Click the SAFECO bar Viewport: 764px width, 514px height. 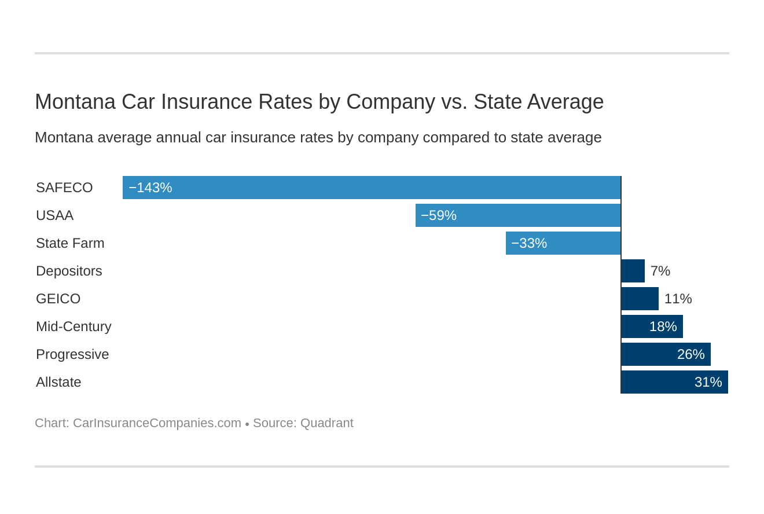(372, 188)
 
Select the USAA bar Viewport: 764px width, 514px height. (518, 215)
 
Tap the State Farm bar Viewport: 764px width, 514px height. (563, 243)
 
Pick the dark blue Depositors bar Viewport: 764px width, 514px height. (633, 271)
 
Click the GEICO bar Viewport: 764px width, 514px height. (640, 299)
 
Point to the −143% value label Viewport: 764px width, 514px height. (150, 188)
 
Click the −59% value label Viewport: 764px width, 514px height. (439, 215)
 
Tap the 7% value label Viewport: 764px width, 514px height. (660, 271)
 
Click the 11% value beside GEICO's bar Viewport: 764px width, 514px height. (678, 299)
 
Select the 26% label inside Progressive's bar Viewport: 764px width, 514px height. (690, 354)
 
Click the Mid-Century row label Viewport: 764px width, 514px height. (74, 326)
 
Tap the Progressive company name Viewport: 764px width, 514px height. (72, 354)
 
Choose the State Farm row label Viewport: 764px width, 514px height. (70, 243)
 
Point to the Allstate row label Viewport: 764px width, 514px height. (58, 382)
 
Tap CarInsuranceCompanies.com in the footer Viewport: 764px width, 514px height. (157, 423)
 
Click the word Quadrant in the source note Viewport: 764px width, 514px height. (326, 423)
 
